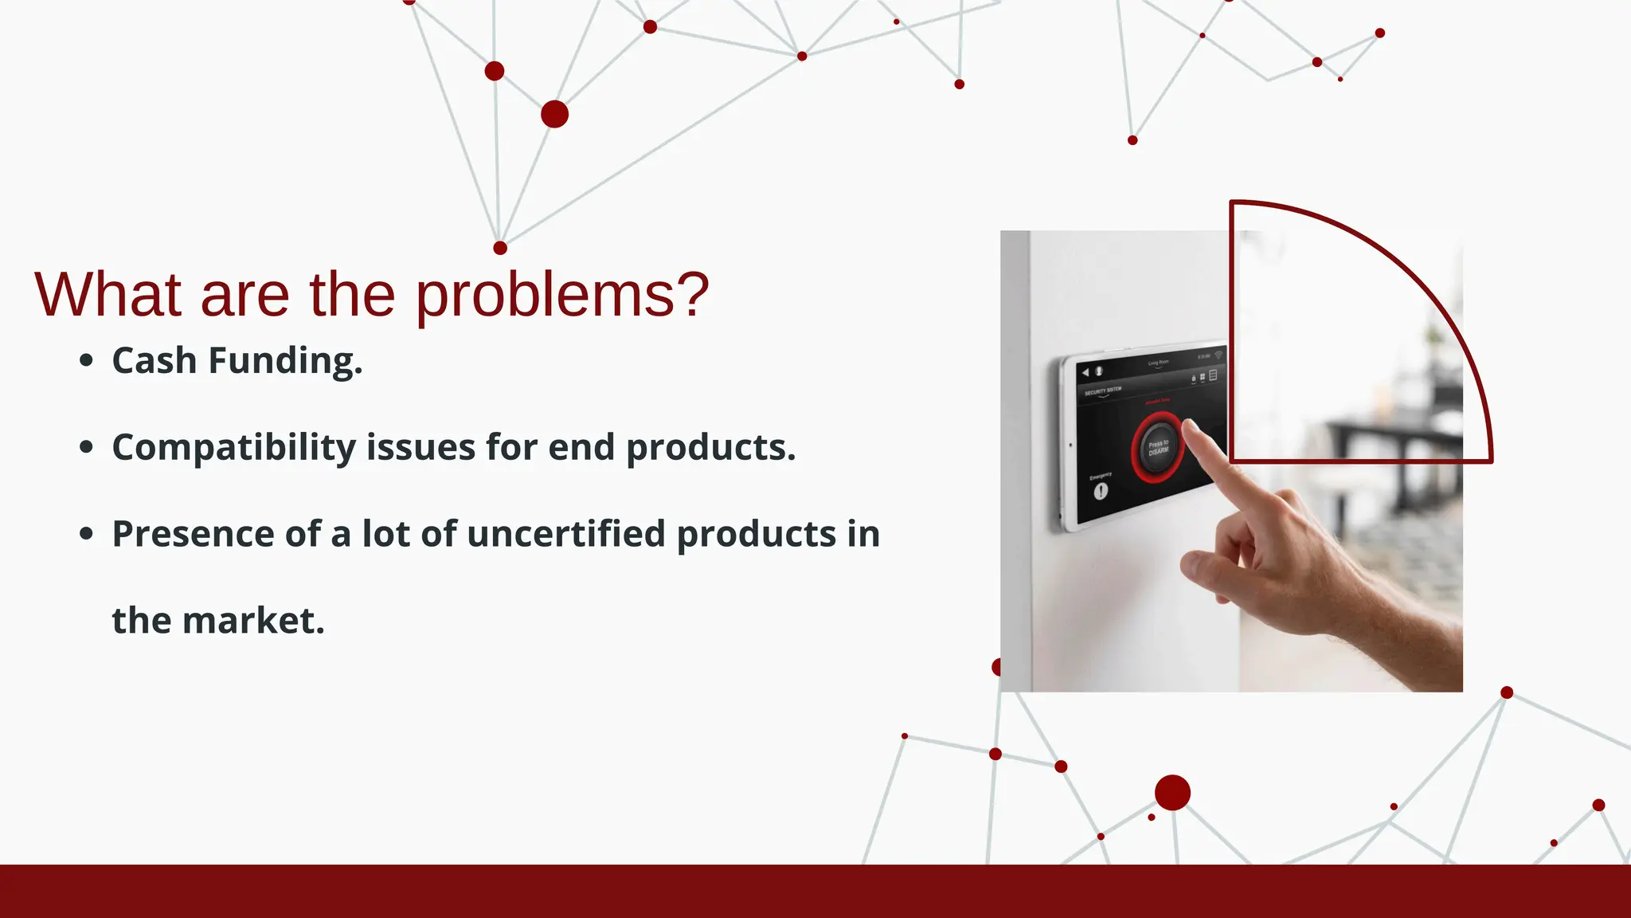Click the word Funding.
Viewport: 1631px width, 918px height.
point(285,361)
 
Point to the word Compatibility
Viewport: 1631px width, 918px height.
point(233,448)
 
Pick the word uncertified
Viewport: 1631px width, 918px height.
point(565,534)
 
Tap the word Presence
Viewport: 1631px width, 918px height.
point(193,534)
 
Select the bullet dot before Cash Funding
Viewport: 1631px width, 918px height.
point(87,361)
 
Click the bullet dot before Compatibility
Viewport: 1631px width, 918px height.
point(87,447)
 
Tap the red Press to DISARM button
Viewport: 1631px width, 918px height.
point(1157,447)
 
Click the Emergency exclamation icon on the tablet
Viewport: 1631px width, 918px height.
point(1101,491)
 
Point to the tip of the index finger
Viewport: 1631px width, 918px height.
point(1191,428)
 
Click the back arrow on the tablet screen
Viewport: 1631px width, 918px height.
point(1085,372)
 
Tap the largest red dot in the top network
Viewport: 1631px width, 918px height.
point(554,114)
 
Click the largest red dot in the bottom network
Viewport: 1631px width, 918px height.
point(1172,792)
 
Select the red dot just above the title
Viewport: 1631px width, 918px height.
point(500,248)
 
